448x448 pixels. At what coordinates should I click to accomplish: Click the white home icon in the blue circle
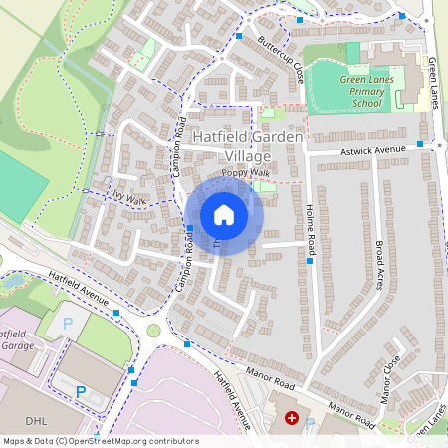(x=224, y=214)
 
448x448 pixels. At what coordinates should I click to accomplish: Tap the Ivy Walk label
(x=129, y=200)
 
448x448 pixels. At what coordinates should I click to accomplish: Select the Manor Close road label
(x=390, y=377)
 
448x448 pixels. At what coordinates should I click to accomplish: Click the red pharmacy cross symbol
(x=292, y=419)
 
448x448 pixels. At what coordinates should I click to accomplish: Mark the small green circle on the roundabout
(x=153, y=330)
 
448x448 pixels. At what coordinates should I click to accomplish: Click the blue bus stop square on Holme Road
(x=311, y=263)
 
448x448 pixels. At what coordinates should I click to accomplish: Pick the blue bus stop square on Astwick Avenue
(x=420, y=144)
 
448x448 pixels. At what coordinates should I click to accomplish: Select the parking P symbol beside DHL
(x=80, y=392)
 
